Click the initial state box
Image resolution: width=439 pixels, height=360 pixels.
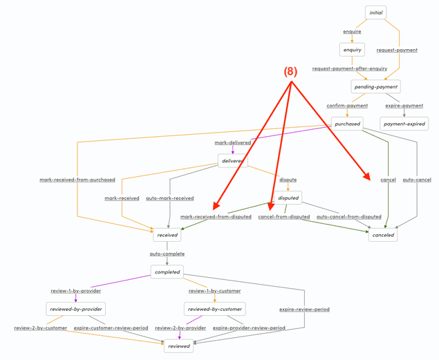[375, 12]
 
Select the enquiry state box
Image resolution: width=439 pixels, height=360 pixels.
[352, 50]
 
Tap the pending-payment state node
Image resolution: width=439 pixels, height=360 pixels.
[375, 87]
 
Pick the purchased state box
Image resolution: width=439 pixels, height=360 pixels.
[346, 124]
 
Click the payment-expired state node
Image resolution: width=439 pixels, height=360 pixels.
[404, 124]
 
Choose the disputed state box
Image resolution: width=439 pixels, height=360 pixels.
[288, 198]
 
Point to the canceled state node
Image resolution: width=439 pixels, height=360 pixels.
[382, 235]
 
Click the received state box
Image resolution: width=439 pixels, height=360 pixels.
[167, 235]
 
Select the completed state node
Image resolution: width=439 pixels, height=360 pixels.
[167, 272]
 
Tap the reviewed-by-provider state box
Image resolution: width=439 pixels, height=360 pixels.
[75, 309]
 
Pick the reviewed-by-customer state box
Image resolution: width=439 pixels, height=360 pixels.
[214, 309]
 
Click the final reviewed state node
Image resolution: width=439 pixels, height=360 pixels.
[178, 346]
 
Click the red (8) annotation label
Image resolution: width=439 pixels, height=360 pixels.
[290, 72]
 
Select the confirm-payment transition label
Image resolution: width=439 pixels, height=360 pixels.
[347, 106]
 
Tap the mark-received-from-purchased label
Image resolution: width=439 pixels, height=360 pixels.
[77, 180]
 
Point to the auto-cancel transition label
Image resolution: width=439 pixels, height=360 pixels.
[417, 180]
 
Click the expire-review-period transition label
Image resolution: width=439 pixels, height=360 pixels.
[304, 310]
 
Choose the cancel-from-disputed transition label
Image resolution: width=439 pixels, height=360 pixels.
[283, 217]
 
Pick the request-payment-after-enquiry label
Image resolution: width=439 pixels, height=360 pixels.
[350, 68]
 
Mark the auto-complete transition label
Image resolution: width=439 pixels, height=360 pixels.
[167, 254]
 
